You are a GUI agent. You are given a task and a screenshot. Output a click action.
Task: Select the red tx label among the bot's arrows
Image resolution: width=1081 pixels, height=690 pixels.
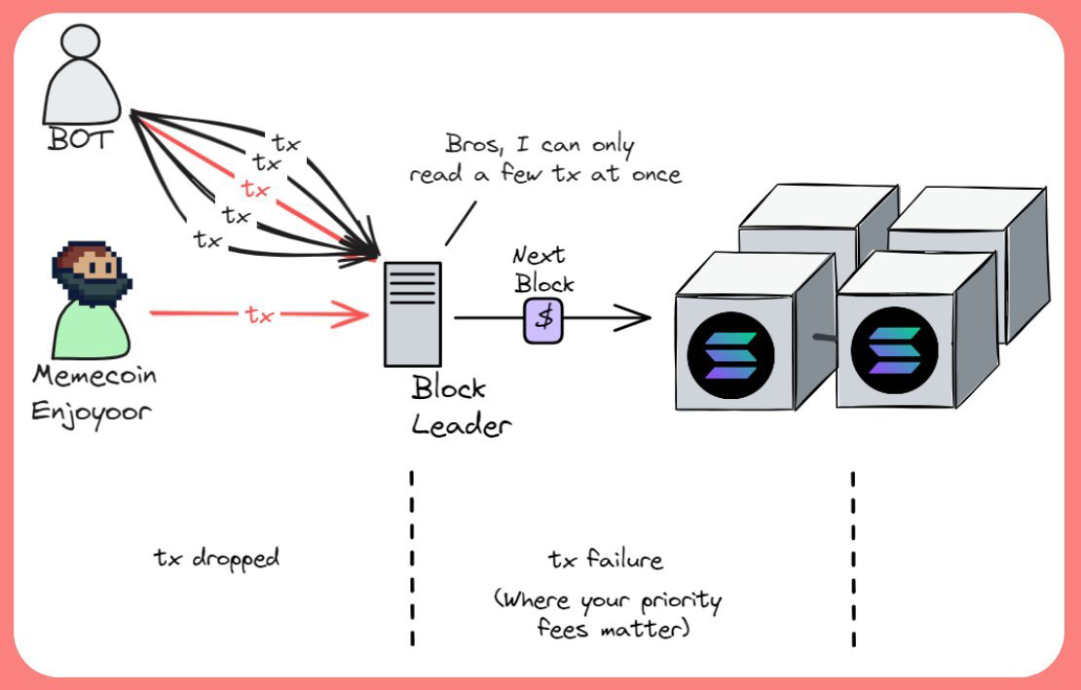[255, 187]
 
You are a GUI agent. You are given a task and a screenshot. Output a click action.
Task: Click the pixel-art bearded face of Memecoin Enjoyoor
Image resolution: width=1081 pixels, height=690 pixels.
[91, 272]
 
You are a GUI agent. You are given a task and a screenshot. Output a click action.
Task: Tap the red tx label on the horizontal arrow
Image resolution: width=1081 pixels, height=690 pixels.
[259, 314]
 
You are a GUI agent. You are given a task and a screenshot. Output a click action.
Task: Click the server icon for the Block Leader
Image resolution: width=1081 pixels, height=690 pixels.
[412, 312]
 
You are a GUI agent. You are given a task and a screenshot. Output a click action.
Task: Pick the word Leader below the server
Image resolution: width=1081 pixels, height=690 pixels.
[461, 425]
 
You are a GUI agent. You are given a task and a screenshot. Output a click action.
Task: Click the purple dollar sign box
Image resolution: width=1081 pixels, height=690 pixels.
[544, 319]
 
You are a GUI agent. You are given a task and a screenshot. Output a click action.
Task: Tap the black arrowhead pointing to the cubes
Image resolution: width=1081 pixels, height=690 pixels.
[639, 317]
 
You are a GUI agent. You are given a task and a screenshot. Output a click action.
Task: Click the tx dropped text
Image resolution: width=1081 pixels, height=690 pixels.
[216, 558]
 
